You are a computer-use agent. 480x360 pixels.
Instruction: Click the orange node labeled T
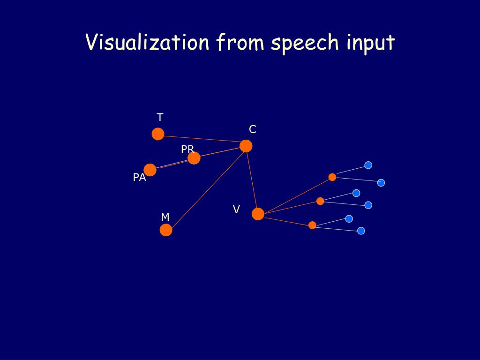coord(158,134)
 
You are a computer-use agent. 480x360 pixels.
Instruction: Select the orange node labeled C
coord(246,146)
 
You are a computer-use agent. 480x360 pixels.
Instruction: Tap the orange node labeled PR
coord(194,158)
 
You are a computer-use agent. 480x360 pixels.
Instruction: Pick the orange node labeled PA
coord(150,170)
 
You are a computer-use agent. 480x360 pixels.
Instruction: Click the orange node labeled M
coord(166,230)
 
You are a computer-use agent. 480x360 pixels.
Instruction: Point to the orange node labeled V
coord(258,214)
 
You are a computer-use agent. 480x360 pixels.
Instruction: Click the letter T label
coord(160,117)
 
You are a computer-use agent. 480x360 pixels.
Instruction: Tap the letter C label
coord(253,129)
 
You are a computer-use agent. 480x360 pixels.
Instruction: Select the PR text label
coord(187,149)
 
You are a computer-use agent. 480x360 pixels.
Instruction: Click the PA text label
coord(139,177)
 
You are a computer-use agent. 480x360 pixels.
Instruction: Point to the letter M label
coord(165,217)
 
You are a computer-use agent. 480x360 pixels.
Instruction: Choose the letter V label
coord(236,210)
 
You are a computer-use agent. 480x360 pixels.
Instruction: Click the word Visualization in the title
coord(147,42)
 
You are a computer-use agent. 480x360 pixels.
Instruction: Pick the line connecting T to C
coord(202,139)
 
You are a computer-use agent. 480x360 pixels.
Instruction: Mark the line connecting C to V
coord(252,180)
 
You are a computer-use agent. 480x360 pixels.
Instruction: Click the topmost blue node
coord(368,165)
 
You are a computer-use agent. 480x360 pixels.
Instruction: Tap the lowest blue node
coord(361,231)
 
